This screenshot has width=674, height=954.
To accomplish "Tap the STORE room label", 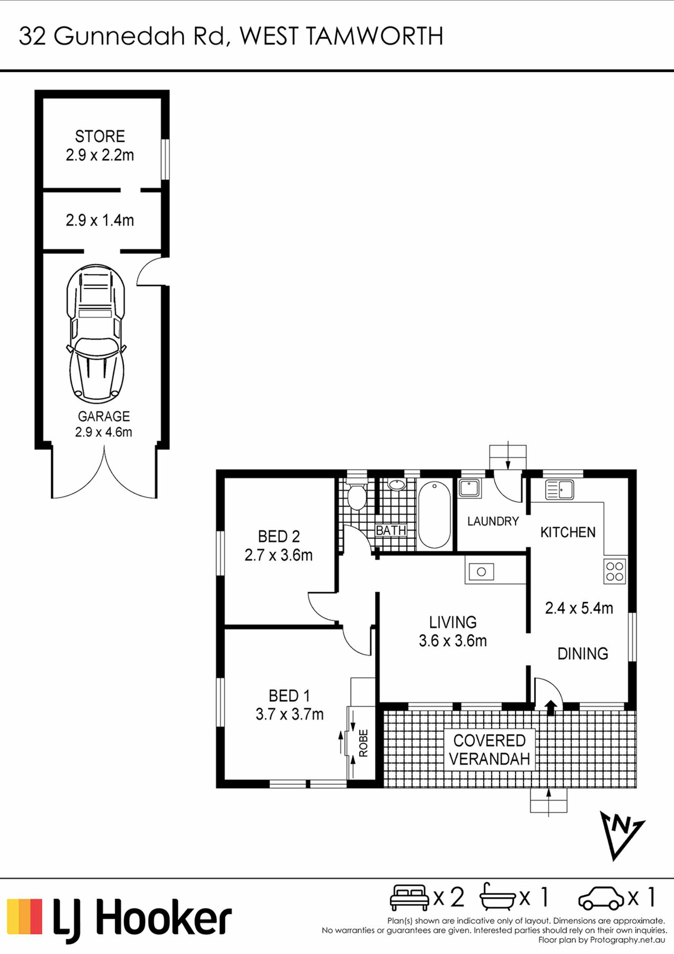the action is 100,136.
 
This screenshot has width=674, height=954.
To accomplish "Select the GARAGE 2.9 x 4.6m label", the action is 104,424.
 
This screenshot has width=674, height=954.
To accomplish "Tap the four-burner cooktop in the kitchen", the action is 615,571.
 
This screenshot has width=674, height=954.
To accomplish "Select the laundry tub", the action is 470,489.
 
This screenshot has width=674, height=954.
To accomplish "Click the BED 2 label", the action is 279,536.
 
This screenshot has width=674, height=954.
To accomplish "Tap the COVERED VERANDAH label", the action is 490,750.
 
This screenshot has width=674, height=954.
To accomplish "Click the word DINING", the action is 583,654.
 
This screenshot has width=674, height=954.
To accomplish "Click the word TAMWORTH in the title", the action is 374,36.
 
